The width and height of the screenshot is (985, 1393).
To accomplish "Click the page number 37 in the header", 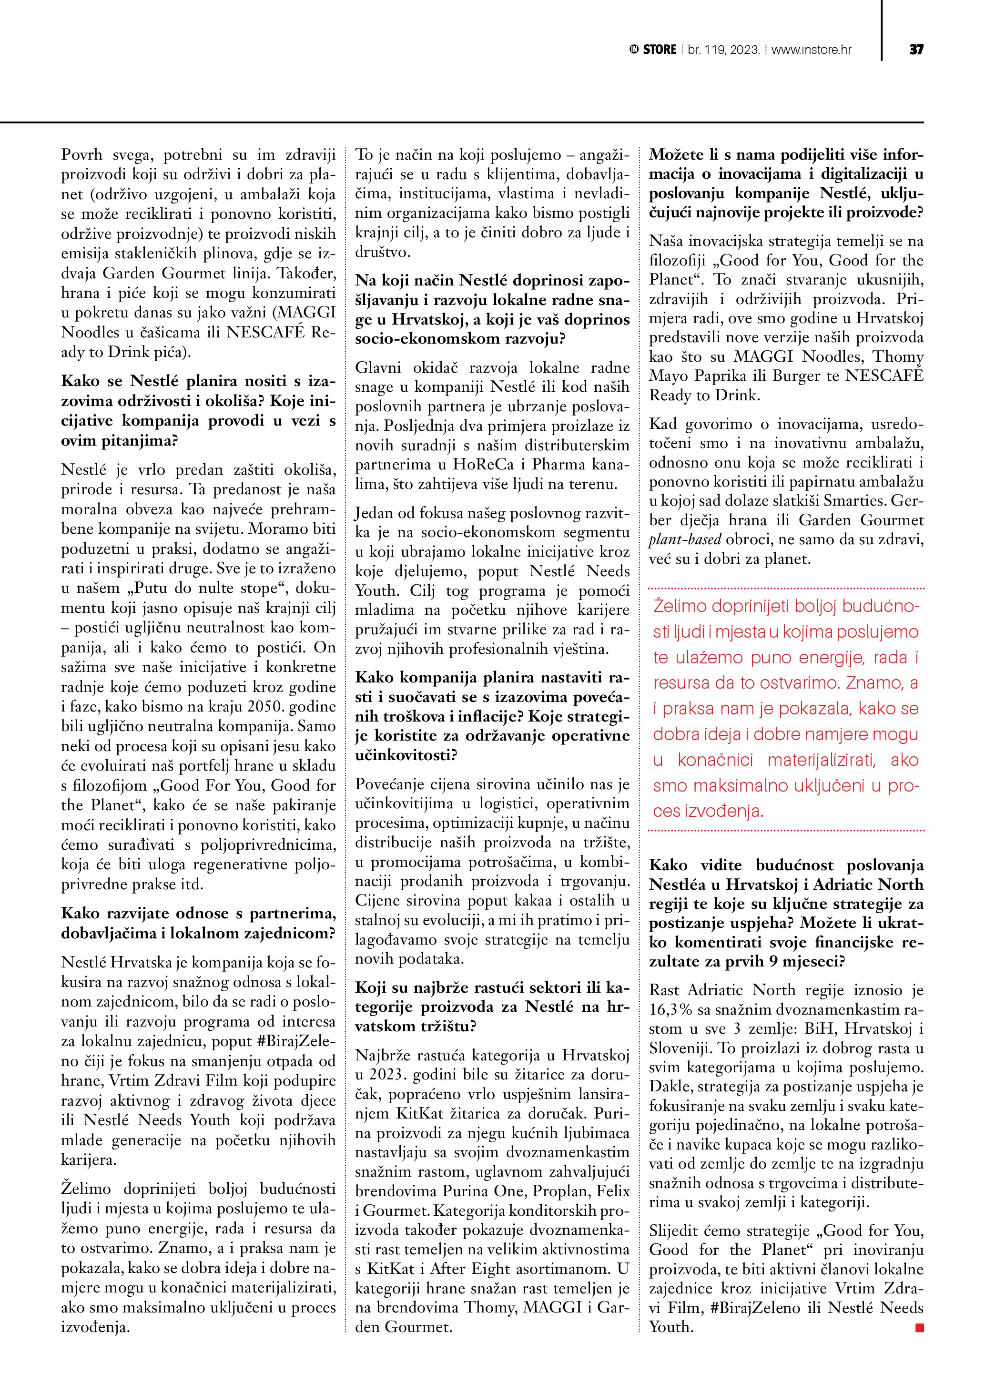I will tap(916, 50).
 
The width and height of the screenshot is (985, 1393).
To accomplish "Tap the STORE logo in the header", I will tap(654, 50).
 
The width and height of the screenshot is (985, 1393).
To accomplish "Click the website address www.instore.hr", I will tap(811, 50).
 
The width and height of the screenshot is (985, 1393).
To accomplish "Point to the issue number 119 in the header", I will tap(713, 50).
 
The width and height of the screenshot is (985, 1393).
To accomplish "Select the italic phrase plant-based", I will tap(685, 539).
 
